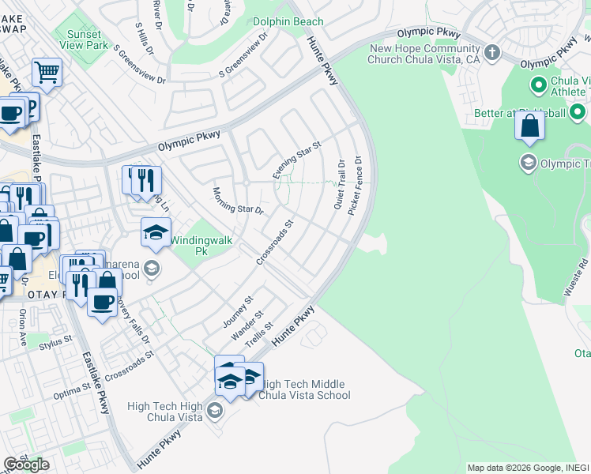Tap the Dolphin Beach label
(288, 21)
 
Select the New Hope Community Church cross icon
(492, 53)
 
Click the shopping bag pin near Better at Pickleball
(529, 127)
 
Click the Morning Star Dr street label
(237, 201)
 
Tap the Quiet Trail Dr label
(341, 186)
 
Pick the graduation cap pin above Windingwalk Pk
(156, 232)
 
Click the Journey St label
(235, 312)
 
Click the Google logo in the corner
(26, 465)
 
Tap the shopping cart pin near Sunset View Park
(47, 73)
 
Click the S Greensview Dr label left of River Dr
(139, 64)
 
